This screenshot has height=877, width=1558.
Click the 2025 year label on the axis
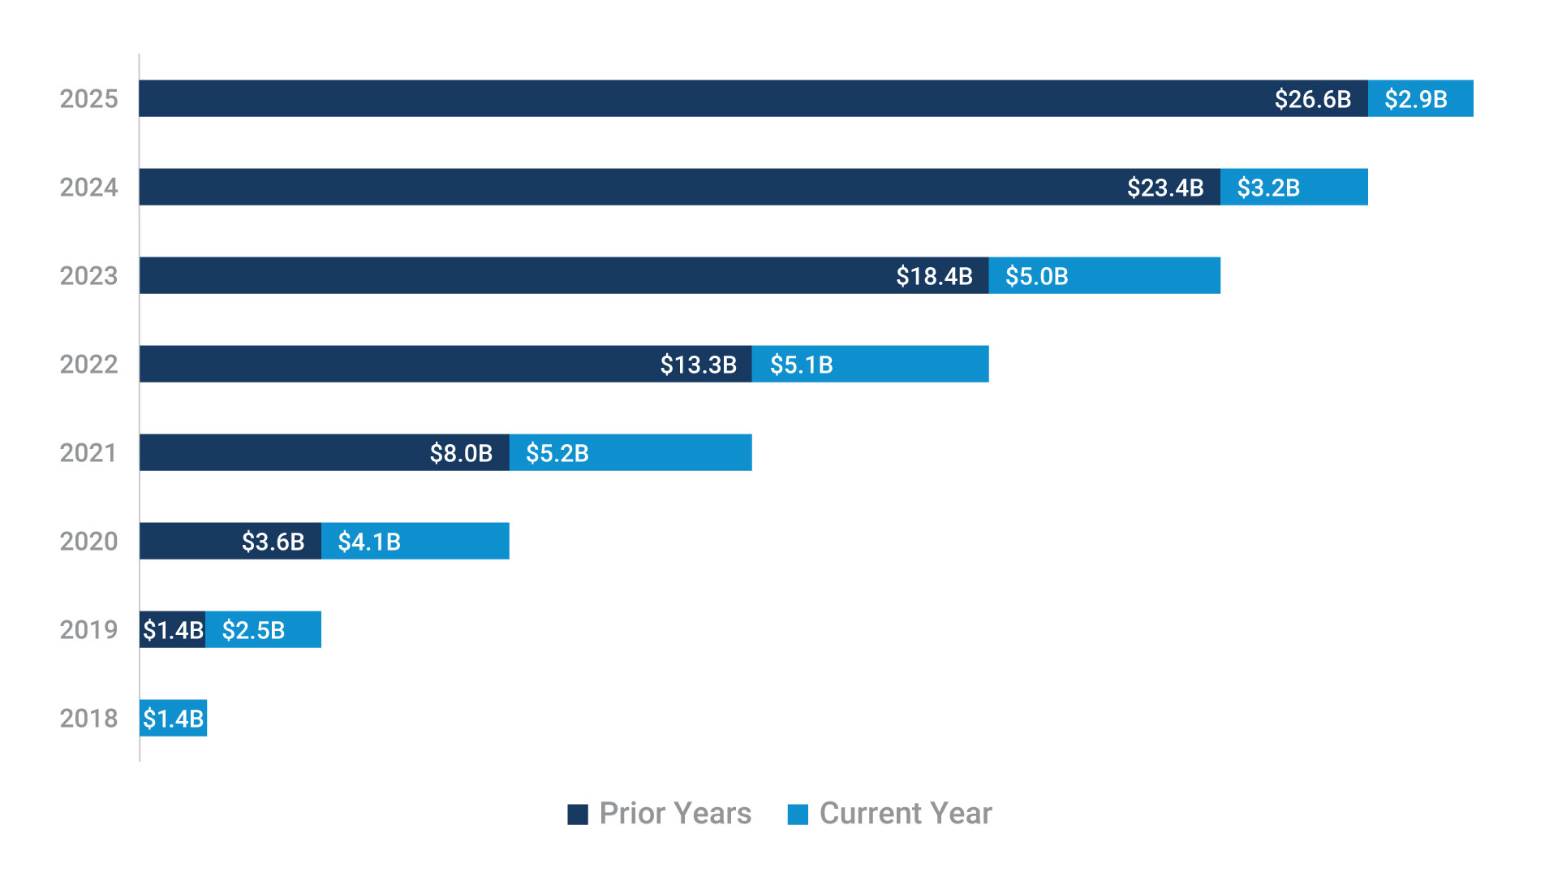tap(88, 99)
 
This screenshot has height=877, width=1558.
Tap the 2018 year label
tap(88, 719)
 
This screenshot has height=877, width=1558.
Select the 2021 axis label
tap(88, 453)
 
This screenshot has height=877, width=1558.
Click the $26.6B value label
tap(1312, 99)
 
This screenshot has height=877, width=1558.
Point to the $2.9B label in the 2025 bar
tap(1415, 99)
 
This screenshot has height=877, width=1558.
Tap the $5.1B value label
tap(801, 365)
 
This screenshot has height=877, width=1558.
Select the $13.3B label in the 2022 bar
tap(698, 365)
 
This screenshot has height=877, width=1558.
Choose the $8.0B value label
tap(461, 453)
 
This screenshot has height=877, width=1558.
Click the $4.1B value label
tap(369, 542)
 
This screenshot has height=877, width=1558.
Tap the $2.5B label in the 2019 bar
tap(253, 630)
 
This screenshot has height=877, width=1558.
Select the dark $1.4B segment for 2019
tap(172, 630)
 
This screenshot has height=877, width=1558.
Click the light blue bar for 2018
tap(173, 719)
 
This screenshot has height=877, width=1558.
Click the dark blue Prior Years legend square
tap(578, 814)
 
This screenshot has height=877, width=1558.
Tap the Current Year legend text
tap(905, 814)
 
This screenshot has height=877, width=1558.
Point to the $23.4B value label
tap(1164, 188)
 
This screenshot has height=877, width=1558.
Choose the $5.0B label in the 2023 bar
tap(1036, 276)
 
